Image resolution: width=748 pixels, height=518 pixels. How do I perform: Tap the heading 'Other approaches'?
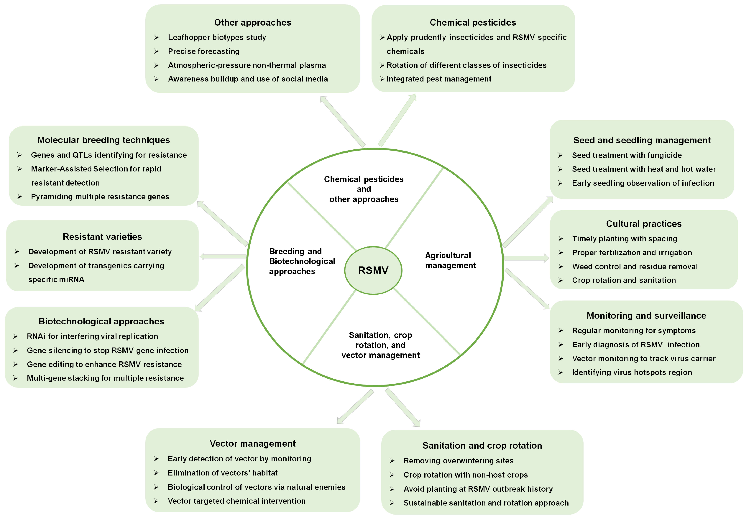(253, 22)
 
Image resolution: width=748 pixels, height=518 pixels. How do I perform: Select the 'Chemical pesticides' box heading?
(473, 22)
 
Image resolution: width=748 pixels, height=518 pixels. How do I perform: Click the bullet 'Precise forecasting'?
(204, 51)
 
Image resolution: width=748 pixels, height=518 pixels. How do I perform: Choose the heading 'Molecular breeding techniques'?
(104, 140)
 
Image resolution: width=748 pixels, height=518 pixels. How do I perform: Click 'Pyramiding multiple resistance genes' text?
(100, 197)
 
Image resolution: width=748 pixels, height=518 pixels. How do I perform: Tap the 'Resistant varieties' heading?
(102, 237)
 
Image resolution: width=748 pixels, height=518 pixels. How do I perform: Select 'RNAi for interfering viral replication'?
(93, 336)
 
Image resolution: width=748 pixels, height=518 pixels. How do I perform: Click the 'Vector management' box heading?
(253, 443)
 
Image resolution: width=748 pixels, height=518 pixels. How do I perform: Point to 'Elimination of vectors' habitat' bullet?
(223, 473)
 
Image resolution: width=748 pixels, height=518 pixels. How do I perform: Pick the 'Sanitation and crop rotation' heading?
(482, 445)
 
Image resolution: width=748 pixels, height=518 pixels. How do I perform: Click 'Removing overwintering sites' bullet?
(458, 461)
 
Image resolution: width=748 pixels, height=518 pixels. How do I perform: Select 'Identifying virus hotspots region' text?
(632, 372)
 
